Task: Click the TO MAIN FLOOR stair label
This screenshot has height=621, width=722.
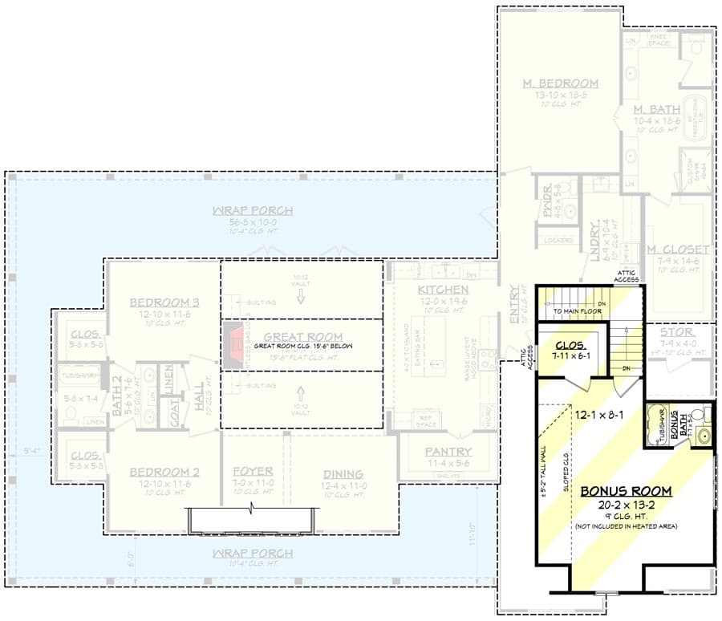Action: [578, 309]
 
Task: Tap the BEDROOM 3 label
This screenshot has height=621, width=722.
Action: [164, 302]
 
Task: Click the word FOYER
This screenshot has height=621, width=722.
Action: [254, 472]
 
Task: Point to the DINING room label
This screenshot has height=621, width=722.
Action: [343, 474]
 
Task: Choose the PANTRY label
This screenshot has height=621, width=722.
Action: [448, 452]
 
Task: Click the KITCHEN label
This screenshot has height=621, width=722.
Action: [443, 290]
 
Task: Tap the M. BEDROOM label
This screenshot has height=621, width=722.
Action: [561, 83]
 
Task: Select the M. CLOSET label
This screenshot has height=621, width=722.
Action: [679, 250]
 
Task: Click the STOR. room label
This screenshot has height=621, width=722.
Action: [679, 331]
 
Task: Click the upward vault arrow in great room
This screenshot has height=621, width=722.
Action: [302, 393]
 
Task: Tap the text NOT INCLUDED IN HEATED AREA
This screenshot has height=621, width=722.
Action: [627, 526]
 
